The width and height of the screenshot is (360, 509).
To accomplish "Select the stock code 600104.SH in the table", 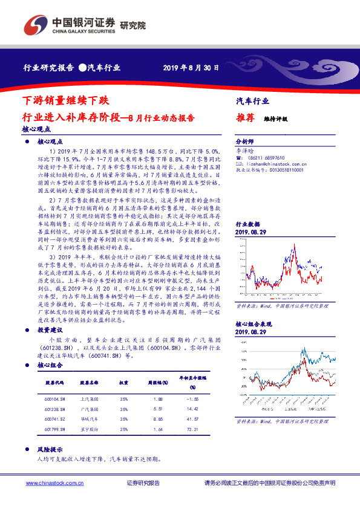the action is point(54,399).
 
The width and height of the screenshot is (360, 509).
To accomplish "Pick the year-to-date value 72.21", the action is point(194,429).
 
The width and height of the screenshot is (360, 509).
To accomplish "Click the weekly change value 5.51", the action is point(159,409).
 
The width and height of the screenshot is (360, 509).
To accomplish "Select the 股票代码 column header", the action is point(55,383).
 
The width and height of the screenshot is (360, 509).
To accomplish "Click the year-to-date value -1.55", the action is point(194,399).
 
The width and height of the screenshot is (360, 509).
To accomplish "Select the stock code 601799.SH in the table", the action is point(54,429).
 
